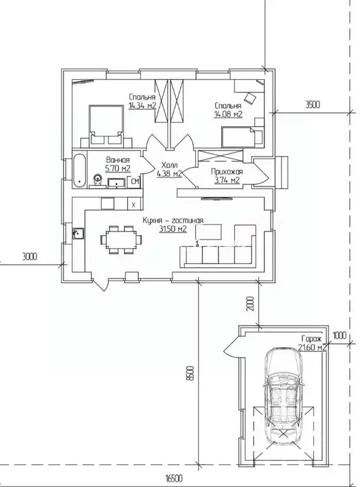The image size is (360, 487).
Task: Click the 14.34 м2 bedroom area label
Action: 142,106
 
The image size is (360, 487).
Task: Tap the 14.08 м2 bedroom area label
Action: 228,115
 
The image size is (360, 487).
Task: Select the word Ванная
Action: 118,160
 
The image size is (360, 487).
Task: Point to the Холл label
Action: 169,166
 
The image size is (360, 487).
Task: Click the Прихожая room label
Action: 227,171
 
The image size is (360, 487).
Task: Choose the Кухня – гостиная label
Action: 173,220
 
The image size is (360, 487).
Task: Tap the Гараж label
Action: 312,339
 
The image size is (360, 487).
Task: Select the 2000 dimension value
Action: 251,304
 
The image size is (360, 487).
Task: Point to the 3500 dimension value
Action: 312,105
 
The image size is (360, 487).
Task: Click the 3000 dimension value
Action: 30,257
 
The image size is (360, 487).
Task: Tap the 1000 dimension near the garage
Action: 339,335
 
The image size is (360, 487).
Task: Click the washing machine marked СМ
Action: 135,181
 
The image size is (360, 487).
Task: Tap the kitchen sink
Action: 78,233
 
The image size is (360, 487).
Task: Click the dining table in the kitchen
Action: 121,240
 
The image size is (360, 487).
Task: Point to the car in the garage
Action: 283,396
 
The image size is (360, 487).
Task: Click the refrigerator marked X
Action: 134,204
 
